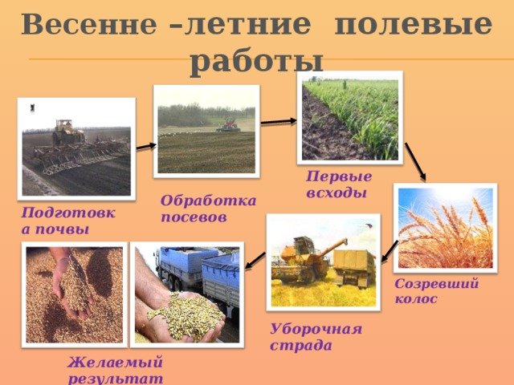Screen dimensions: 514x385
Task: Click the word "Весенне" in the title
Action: pyautogui.click(x=89, y=24)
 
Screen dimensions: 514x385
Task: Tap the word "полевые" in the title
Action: pyautogui.click(x=413, y=24)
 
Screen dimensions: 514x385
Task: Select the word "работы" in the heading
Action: pyautogui.click(x=257, y=62)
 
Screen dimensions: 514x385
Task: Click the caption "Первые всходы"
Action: pyautogui.click(x=339, y=184)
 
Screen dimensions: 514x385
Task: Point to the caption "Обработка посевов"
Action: pyautogui.click(x=208, y=209)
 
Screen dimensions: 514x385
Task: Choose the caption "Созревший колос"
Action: pyautogui.click(x=436, y=290)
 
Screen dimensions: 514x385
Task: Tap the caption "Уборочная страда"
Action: pyautogui.click(x=316, y=337)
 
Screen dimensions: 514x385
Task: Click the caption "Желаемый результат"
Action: pyautogui.click(x=116, y=371)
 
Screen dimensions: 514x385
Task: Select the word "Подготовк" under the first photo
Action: pyautogui.click(x=68, y=213)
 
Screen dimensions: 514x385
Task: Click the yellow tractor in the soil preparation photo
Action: pyautogui.click(x=67, y=132)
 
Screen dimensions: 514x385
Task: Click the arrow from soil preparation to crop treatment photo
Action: pyautogui.click(x=146, y=146)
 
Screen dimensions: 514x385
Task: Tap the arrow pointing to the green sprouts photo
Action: pyautogui.click(x=279, y=122)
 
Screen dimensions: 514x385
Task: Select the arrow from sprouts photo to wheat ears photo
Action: pyautogui.click(x=415, y=162)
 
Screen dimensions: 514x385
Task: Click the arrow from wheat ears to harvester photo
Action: pyautogui.click(x=390, y=251)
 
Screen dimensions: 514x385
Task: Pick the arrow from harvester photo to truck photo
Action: pyautogui.click(x=255, y=261)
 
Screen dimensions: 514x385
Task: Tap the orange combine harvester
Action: pyautogui.click(x=307, y=259)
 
